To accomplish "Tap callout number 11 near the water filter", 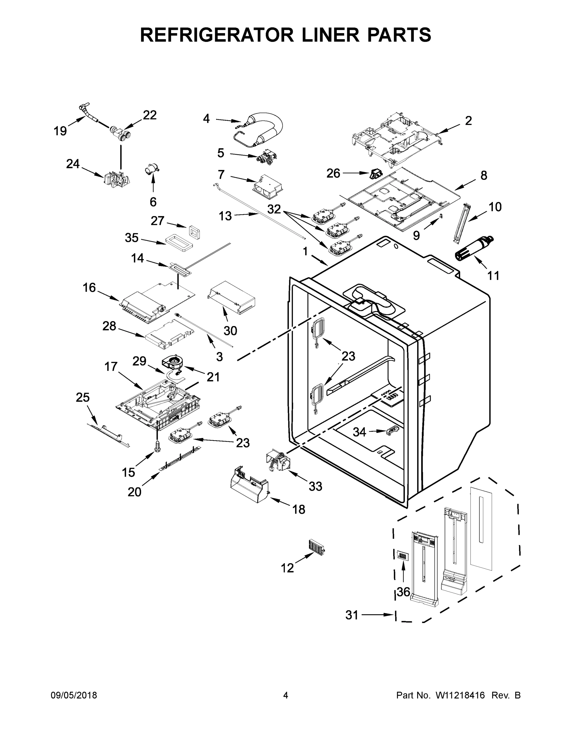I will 493,276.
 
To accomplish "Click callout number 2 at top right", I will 468,120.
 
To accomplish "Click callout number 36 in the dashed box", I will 403,592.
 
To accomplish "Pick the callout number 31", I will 352,615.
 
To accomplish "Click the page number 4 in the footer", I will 286,695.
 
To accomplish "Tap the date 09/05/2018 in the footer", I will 74,695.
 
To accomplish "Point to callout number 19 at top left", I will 60,131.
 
